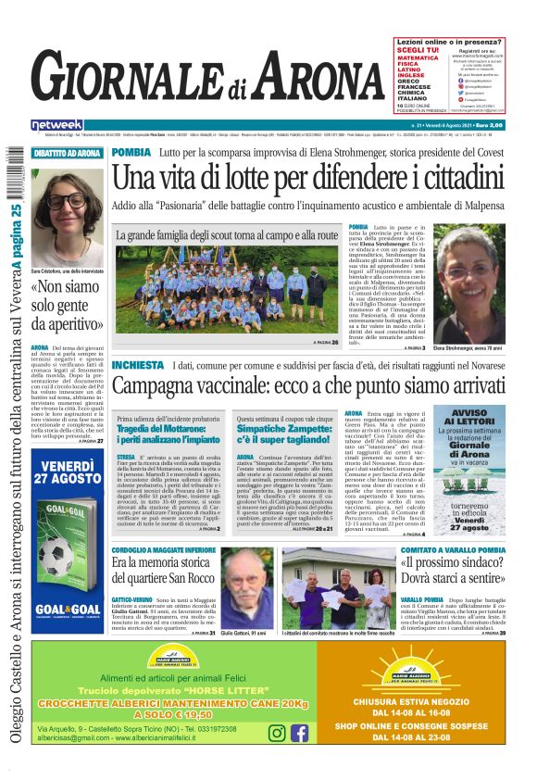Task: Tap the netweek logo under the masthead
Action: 56,125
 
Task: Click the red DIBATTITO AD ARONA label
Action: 68,153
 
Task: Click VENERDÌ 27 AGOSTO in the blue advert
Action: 67,470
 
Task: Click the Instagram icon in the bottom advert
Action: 277,733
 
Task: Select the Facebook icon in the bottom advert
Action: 299,733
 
